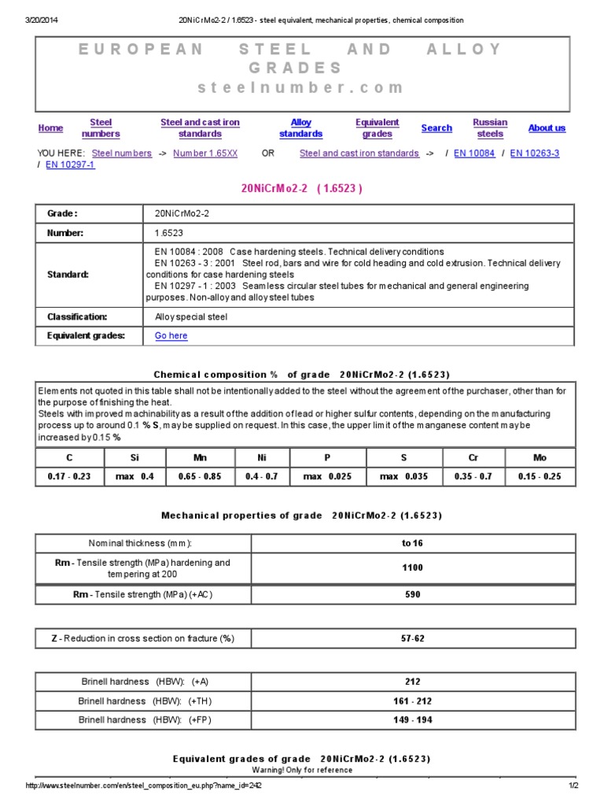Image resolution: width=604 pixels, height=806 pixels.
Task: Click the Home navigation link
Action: [50, 128]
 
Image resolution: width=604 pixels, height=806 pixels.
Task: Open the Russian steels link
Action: [490, 128]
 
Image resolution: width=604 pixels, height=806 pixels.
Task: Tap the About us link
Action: [547, 128]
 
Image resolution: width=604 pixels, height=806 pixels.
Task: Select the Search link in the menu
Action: [436, 128]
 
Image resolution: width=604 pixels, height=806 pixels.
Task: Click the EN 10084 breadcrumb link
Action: [474, 153]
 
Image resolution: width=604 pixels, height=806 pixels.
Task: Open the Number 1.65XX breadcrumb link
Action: [205, 153]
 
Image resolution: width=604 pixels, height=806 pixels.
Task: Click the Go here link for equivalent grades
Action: [171, 336]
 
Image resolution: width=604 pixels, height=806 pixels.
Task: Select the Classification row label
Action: [77, 316]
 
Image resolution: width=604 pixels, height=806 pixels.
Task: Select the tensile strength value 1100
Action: [412, 568]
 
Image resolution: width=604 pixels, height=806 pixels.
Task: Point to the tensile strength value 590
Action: [412, 595]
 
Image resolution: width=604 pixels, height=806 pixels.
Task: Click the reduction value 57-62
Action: [412, 638]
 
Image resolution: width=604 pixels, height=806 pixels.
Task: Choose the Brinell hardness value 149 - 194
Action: [412, 720]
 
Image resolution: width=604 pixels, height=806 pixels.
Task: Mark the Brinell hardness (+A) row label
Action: [144, 682]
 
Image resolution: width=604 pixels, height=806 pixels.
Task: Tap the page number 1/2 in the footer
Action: [573, 786]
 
